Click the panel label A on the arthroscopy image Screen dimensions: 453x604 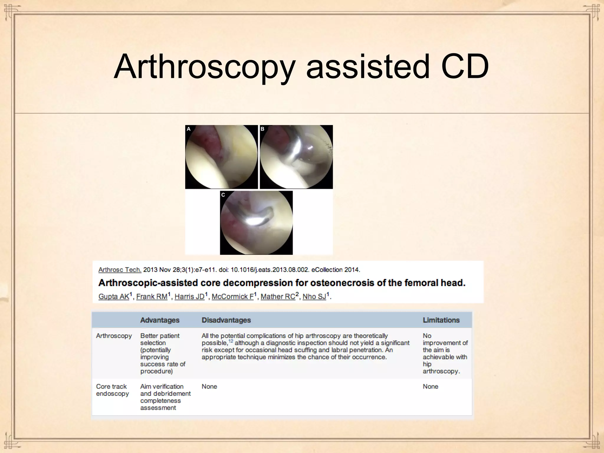tap(189, 129)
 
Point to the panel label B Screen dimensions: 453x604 tap(262, 129)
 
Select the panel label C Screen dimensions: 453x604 tap(223, 195)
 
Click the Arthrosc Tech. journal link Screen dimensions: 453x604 tap(120, 270)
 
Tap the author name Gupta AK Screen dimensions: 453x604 tap(114, 296)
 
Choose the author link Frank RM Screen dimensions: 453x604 tap(152, 296)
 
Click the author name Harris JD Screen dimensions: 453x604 tap(189, 296)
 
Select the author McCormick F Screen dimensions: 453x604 tap(232, 296)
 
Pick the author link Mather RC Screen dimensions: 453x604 tap(278, 296)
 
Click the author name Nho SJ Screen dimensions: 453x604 tap(314, 296)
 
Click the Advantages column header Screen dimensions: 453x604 tap(160, 320)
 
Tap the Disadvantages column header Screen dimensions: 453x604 tap(226, 320)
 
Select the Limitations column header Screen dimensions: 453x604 tap(441, 320)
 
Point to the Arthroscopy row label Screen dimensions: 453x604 tap(114, 336)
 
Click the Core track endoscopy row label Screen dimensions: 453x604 tap(112, 390)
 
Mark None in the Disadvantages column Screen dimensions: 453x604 tap(209, 386)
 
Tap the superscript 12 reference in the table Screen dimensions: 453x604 tap(231, 341)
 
